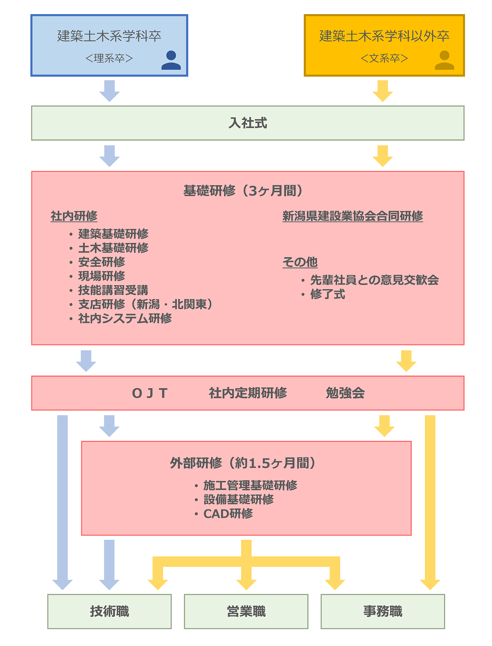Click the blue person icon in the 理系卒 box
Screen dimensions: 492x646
tap(171, 60)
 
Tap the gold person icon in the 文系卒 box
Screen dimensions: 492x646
tap(444, 60)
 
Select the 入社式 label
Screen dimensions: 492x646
tap(248, 123)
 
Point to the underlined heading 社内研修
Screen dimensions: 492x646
tap(74, 216)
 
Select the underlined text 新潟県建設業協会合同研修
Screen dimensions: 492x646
tap(353, 216)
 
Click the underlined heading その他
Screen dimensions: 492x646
tap(300, 262)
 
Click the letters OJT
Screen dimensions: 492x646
tap(150, 393)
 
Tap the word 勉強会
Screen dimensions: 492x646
tap(345, 393)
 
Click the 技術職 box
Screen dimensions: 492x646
tap(109, 612)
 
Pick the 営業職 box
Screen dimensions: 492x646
tap(246, 612)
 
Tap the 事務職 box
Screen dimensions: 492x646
tap(383, 612)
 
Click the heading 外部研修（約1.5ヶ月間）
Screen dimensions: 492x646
tap(243, 463)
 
